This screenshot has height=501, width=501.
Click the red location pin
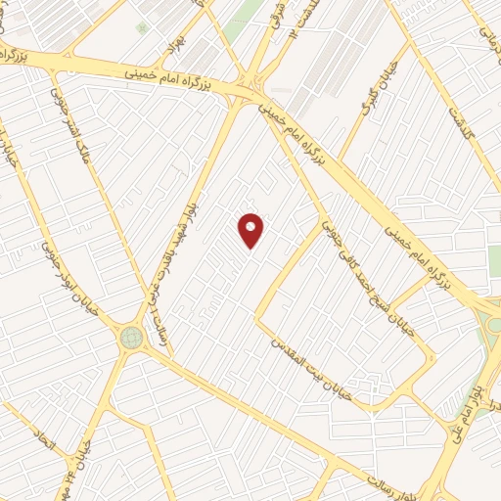[x=251, y=229]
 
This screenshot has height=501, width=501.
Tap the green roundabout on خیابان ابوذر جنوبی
[x=131, y=338]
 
